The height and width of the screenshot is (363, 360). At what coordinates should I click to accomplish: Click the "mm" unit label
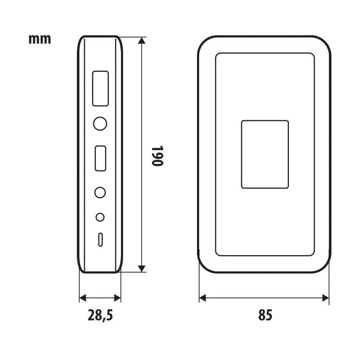[39, 39]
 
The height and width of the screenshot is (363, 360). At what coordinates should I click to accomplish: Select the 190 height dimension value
[158, 155]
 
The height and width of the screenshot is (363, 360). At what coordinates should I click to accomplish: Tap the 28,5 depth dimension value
[100, 315]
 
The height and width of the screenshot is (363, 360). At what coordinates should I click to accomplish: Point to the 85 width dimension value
[265, 315]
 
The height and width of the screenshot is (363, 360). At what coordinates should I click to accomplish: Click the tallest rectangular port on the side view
[100, 88]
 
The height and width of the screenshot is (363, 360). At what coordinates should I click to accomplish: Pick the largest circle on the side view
[100, 124]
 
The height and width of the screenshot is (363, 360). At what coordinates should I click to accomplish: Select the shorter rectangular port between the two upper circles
[100, 158]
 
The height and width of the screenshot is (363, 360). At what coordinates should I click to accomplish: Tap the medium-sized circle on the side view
[100, 192]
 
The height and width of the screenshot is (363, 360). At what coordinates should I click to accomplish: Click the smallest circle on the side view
[100, 217]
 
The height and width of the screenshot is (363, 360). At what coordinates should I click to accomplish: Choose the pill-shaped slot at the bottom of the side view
[100, 240]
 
